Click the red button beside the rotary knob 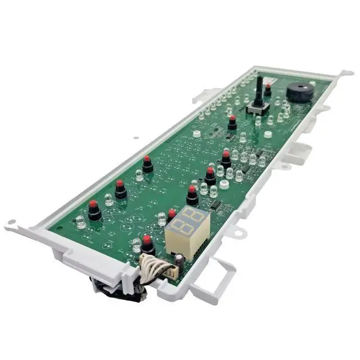(268, 90)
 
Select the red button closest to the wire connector (147, 245)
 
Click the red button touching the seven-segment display (172, 215)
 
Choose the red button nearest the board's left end (93, 209)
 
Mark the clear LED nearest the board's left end (81, 222)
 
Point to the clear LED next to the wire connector (136, 245)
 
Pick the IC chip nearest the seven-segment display (217, 207)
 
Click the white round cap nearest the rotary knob (268, 134)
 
